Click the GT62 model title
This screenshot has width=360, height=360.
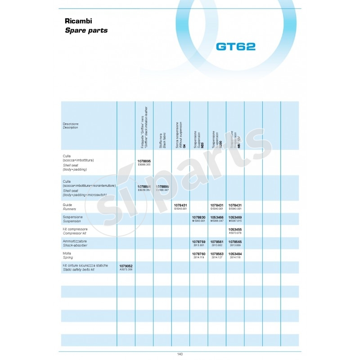click(x=236, y=46)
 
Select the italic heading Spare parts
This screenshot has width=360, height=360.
click(x=86, y=31)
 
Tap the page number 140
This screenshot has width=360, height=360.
click(x=180, y=354)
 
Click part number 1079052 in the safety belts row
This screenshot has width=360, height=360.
click(x=126, y=266)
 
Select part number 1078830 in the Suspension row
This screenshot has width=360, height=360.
click(x=198, y=217)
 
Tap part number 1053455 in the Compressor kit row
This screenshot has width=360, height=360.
click(x=235, y=229)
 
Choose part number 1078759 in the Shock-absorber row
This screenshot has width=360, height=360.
click(x=198, y=242)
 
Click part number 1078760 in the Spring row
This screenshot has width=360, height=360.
click(x=198, y=254)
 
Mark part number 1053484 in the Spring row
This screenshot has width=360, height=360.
click(x=235, y=254)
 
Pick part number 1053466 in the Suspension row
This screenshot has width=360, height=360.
click(x=217, y=217)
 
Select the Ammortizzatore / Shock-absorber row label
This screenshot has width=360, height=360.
click(x=76, y=243)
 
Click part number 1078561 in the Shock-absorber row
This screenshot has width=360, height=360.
click(x=217, y=242)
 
